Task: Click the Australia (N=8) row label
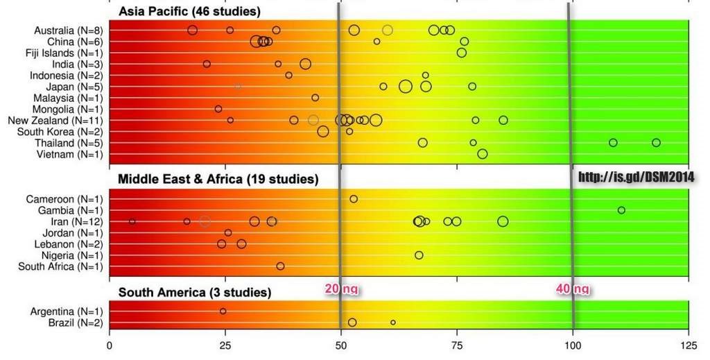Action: [69, 30]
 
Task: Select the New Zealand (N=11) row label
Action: [65, 120]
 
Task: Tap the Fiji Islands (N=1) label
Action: [69, 53]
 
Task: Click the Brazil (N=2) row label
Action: [77, 323]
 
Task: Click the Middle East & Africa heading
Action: [218, 180]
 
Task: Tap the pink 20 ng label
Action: [342, 289]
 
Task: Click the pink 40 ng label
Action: [573, 289]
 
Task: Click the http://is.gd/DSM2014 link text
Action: [636, 178]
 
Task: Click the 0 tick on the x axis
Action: [110, 343]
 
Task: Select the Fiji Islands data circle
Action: [462, 53]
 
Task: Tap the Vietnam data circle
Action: [483, 154]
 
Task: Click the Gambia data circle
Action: [621, 210]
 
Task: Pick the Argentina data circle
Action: [223, 311]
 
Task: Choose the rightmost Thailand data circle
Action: [656, 143]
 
